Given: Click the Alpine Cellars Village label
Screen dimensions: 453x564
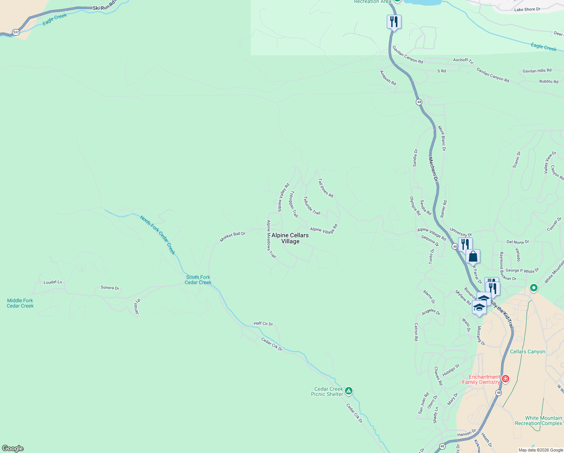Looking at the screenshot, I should click(290, 238).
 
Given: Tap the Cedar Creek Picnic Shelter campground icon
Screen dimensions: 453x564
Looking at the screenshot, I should click(349, 391).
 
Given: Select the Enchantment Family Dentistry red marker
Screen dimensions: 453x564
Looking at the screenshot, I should click(505, 379).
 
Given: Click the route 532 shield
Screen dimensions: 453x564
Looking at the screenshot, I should click(16, 32).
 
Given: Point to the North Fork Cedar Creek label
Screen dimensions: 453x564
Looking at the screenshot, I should click(158, 235).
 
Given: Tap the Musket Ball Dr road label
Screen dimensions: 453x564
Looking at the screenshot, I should click(233, 237).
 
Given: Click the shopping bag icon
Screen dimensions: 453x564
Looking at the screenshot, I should click(473, 256).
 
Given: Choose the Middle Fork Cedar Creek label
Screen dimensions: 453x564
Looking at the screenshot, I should click(20, 303).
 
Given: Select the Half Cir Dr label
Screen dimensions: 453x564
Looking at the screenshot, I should click(263, 324).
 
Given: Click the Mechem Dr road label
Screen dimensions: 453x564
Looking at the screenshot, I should click(434, 169).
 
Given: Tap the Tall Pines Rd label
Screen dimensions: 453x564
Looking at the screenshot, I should click(326, 188).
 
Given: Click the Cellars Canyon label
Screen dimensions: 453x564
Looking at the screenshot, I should click(527, 351).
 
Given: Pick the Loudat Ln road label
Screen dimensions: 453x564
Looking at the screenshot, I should click(53, 282).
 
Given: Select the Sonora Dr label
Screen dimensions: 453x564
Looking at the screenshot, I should click(110, 288).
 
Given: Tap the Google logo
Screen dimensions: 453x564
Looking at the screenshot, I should click(13, 448).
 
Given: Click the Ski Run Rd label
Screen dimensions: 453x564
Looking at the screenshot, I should click(104, 6).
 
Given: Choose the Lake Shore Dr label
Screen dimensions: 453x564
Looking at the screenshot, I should click(527, 9).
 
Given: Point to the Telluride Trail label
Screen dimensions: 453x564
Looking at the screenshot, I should click(312, 206).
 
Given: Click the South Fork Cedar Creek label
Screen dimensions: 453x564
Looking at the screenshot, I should click(198, 280).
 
